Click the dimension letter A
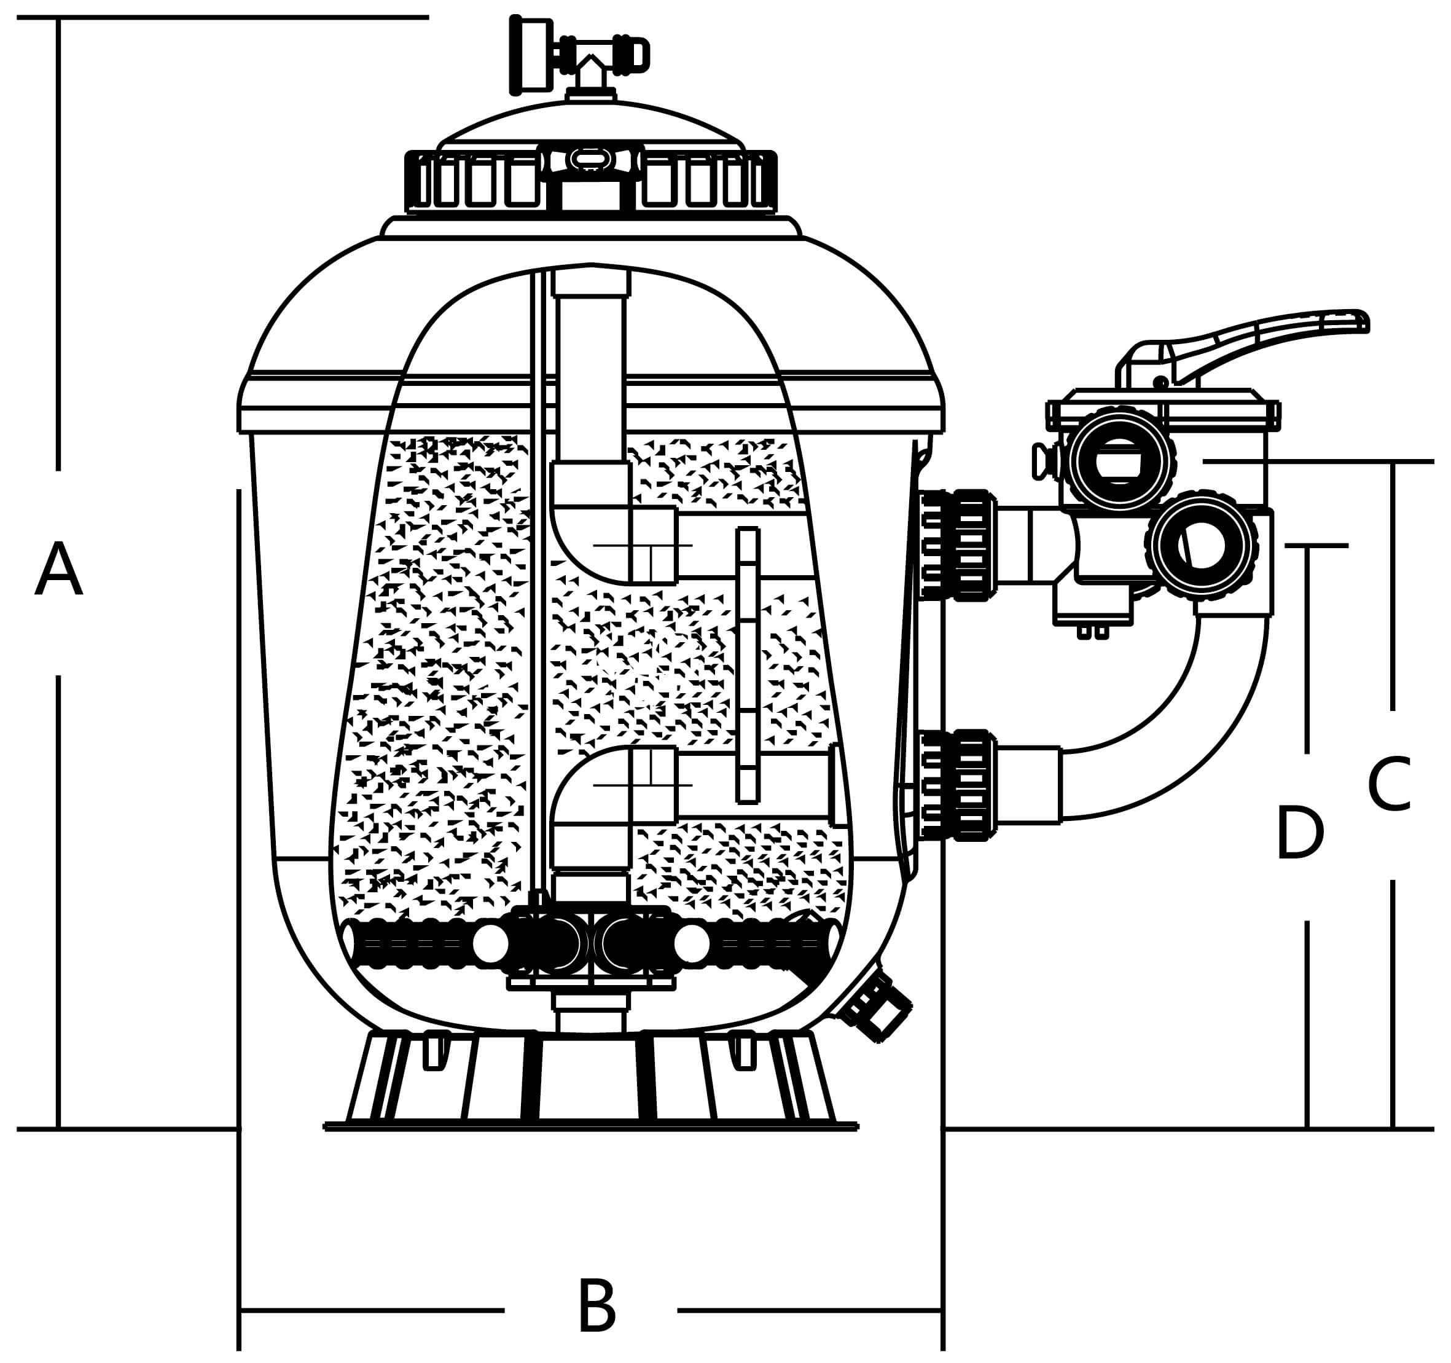click(58, 570)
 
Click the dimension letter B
click(596, 1306)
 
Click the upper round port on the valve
click(1120, 460)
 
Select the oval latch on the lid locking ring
click(590, 159)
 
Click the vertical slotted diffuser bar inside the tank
click(748, 664)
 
